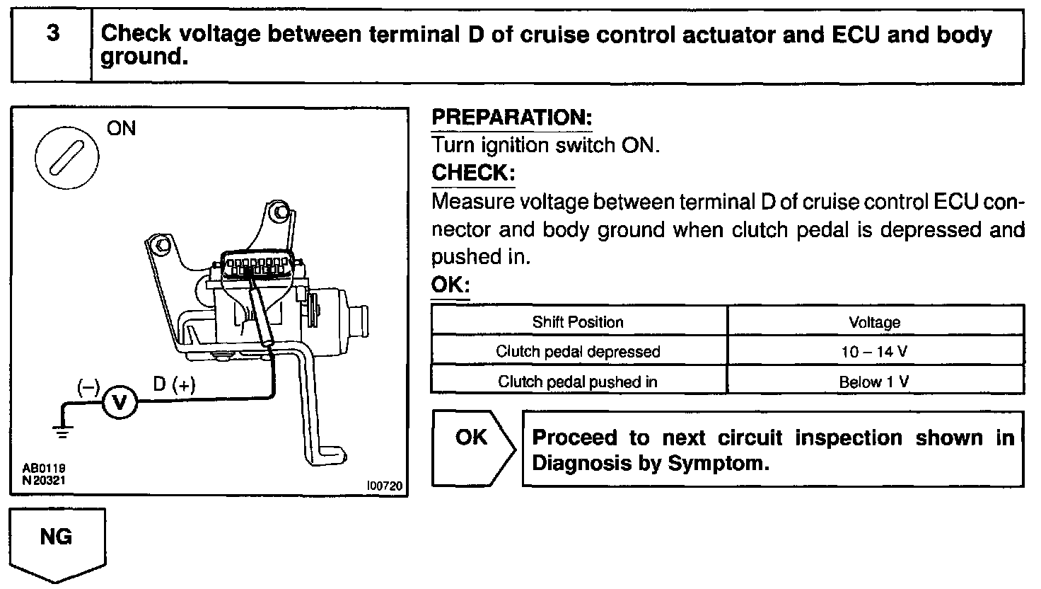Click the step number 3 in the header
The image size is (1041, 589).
(x=52, y=34)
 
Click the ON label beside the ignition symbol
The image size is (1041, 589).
(x=121, y=129)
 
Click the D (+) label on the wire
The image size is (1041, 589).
(x=174, y=384)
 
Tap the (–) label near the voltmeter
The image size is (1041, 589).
(x=89, y=387)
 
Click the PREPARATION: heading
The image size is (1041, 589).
(x=511, y=118)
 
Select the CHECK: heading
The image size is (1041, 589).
(x=473, y=173)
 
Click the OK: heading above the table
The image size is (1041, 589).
(x=450, y=285)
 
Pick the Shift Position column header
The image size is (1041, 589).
(x=578, y=322)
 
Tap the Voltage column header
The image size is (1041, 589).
(x=875, y=323)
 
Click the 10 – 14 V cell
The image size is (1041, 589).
(x=875, y=352)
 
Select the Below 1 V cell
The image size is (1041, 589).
(x=874, y=382)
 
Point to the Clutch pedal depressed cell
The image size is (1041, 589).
(x=578, y=352)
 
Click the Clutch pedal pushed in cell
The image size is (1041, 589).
(x=578, y=382)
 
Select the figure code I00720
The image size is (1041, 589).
(x=384, y=486)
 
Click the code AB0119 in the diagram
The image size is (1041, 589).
(x=39, y=468)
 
